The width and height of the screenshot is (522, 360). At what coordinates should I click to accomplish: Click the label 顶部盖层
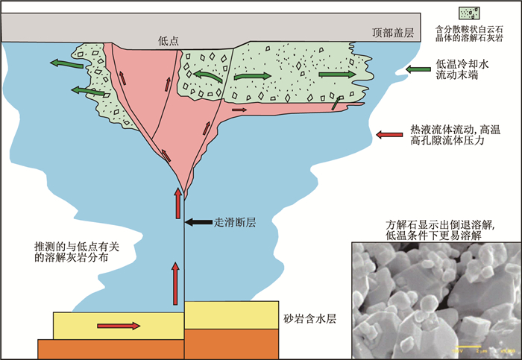coord(397,32)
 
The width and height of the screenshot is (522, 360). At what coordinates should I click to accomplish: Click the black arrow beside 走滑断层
coord(198,221)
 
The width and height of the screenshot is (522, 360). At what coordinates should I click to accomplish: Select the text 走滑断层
coord(236,221)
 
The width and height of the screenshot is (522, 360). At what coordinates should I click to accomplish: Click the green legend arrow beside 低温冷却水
coord(415,70)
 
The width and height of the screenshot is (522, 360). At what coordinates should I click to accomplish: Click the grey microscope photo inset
coord(435,298)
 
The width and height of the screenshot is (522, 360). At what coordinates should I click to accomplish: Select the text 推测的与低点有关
coord(76,246)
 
